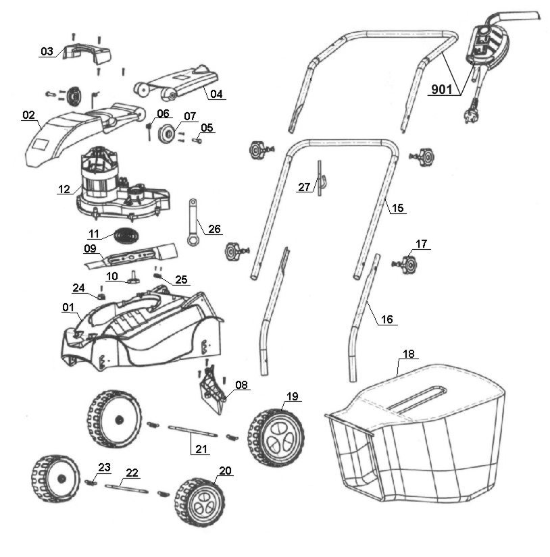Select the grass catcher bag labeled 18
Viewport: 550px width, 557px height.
pyautogui.click(x=419, y=439)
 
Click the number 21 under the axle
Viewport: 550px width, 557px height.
pyautogui.click(x=200, y=448)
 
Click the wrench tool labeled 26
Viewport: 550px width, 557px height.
pyautogui.click(x=195, y=223)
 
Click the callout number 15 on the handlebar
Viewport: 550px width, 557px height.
pyautogui.click(x=398, y=208)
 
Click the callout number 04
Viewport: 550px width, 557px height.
pyautogui.click(x=216, y=95)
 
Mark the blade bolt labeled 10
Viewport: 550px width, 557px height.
pyautogui.click(x=132, y=277)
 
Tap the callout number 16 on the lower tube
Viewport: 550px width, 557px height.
pyautogui.click(x=386, y=320)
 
